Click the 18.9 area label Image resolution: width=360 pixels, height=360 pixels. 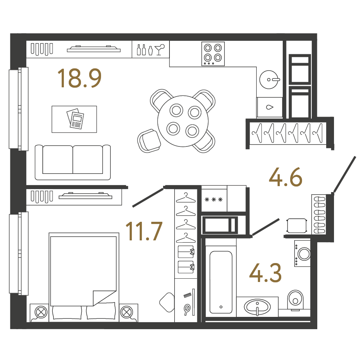80,78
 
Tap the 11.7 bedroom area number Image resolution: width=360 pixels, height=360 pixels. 144,231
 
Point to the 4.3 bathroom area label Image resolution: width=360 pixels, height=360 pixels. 265,273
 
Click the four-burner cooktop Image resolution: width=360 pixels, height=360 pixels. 213,54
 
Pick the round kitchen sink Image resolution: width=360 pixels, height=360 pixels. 269,80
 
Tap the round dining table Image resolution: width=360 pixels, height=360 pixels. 183,121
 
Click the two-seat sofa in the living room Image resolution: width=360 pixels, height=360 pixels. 73,162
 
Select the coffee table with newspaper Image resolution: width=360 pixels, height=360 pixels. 74,119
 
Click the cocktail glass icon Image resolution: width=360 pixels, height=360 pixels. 159,49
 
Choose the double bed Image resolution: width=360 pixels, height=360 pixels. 84,277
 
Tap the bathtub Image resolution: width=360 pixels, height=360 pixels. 221,282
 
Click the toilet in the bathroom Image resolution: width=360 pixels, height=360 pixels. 295,301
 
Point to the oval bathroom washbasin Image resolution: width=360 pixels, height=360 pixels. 257,307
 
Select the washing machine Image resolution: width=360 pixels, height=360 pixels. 302,253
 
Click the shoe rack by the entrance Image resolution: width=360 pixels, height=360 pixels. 319,214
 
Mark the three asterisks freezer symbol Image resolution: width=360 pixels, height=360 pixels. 214,200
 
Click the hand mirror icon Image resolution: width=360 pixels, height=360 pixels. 187,309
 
